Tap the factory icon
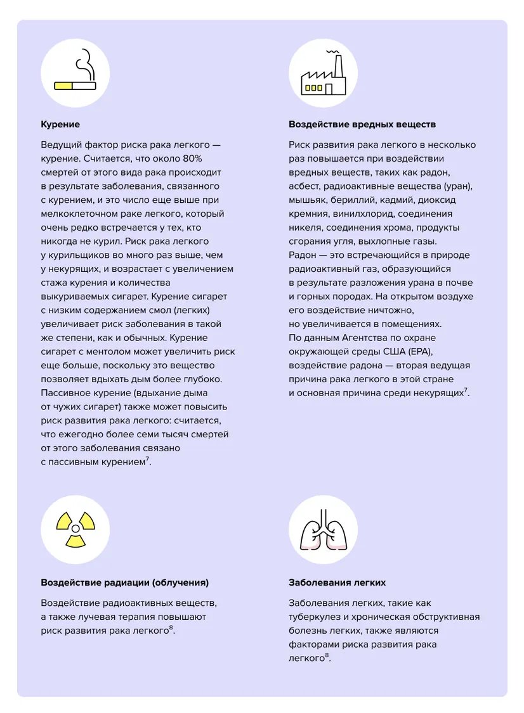[323, 75]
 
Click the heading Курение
[60, 125]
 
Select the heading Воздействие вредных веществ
[362, 125]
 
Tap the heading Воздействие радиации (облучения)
[124, 582]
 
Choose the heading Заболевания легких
[337, 582]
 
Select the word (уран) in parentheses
[459, 186]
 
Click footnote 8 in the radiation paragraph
[171, 627]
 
